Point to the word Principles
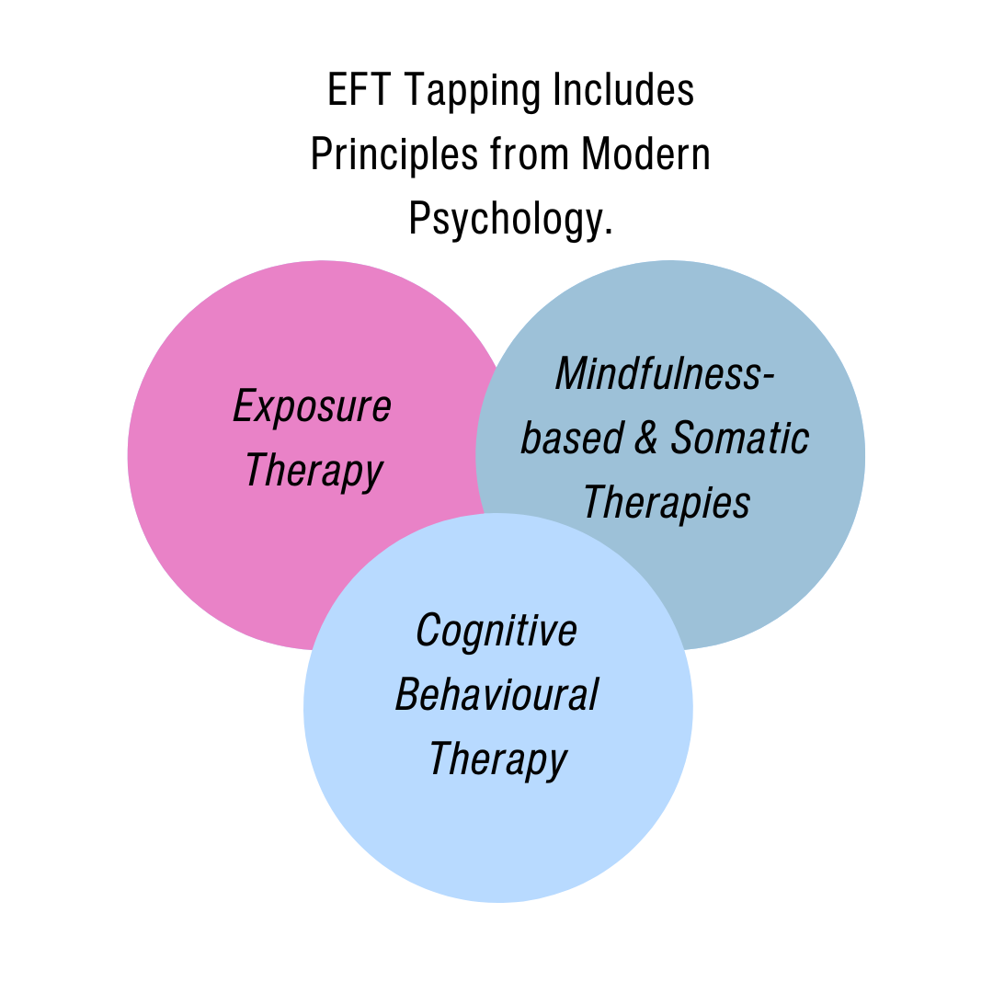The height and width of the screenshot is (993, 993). [x=394, y=155]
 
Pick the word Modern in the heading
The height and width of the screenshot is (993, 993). [x=645, y=154]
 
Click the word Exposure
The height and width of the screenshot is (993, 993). [x=313, y=407]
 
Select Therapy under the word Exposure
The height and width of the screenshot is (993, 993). [x=314, y=471]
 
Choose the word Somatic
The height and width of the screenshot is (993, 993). [x=739, y=438]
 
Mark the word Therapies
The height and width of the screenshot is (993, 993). [x=667, y=502]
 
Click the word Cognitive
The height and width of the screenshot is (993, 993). [x=496, y=631]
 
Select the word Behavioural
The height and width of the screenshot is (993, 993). [x=496, y=695]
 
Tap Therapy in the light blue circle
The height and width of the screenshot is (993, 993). [x=497, y=759]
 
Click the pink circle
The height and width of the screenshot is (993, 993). [x=230, y=552]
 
